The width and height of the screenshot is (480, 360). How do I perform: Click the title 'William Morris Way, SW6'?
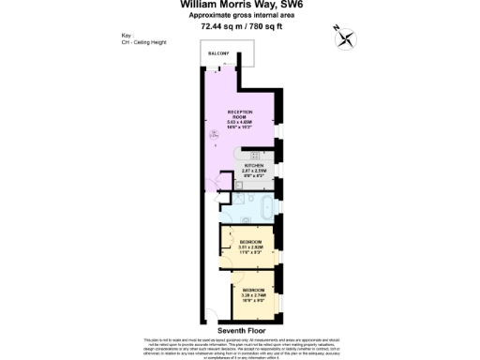[239, 5]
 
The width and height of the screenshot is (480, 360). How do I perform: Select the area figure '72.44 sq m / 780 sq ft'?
[239, 26]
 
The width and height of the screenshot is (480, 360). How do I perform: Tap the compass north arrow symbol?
[345, 37]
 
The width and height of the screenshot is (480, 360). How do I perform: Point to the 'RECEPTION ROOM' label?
[240, 113]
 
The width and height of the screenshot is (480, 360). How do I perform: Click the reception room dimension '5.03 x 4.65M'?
[240, 123]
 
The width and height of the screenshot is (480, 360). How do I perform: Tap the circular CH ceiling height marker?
[214, 136]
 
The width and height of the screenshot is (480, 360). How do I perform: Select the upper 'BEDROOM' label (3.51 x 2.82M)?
[249, 242]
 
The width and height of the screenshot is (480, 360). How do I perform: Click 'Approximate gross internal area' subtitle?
[239, 16]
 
